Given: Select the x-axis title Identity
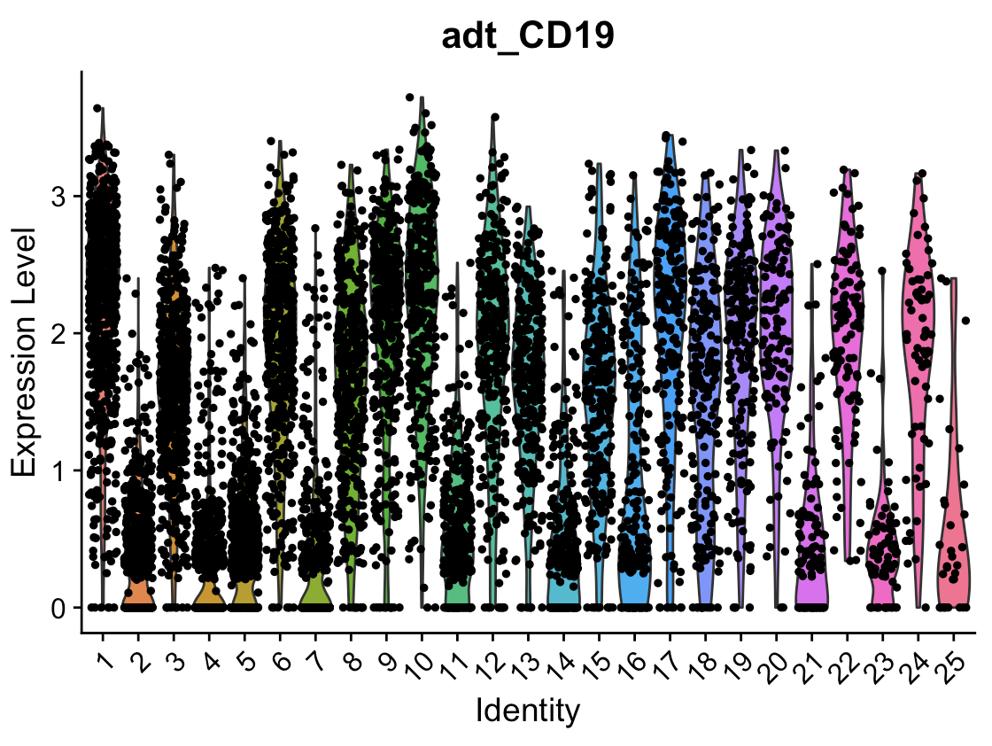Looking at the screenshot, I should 528,711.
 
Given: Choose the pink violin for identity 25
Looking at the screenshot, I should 953,567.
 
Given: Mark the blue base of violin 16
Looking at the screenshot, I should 634,592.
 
